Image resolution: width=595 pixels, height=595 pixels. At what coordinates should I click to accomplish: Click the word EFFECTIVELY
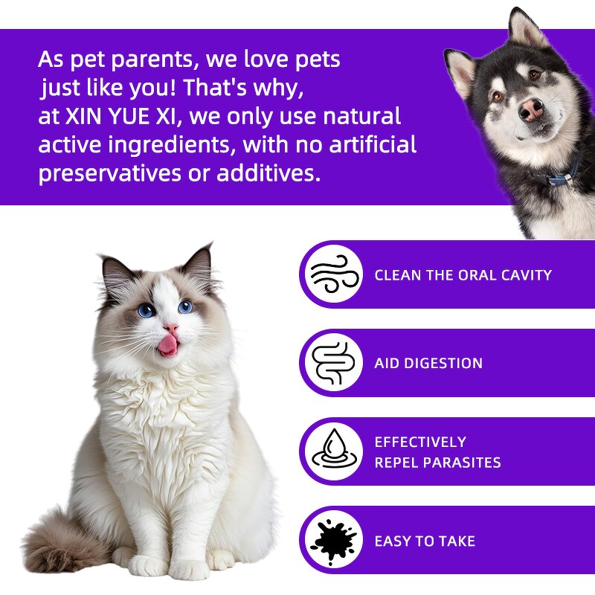click(x=420, y=442)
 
